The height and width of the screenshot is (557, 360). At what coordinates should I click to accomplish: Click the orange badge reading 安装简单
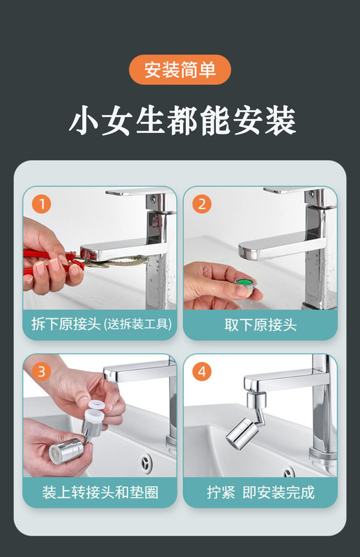180,70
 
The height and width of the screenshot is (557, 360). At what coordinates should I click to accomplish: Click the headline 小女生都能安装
182,120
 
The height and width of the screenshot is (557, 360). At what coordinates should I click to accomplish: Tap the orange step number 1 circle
42,204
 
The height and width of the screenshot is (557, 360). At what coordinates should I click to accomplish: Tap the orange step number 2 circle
202,204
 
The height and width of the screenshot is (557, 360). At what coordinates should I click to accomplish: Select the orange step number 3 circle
42,372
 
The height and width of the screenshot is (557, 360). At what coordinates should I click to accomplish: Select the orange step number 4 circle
202,372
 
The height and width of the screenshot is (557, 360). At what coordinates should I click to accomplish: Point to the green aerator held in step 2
245,284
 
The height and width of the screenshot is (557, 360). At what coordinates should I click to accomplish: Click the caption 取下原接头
260,324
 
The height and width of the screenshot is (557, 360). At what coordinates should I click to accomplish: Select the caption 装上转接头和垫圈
100,492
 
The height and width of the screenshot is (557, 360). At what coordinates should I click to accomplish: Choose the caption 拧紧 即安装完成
260,492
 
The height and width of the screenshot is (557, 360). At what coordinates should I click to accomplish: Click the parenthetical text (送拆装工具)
139,324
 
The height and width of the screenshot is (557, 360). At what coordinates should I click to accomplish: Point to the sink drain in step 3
146,464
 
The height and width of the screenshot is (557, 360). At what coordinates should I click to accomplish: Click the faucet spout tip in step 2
244,252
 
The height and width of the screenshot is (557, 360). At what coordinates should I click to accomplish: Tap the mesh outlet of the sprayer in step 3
55,455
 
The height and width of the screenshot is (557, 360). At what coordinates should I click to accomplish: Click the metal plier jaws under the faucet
114,262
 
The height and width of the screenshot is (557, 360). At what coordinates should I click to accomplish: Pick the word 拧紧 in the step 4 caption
221,492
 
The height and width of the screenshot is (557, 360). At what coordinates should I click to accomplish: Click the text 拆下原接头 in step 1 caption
66,324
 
